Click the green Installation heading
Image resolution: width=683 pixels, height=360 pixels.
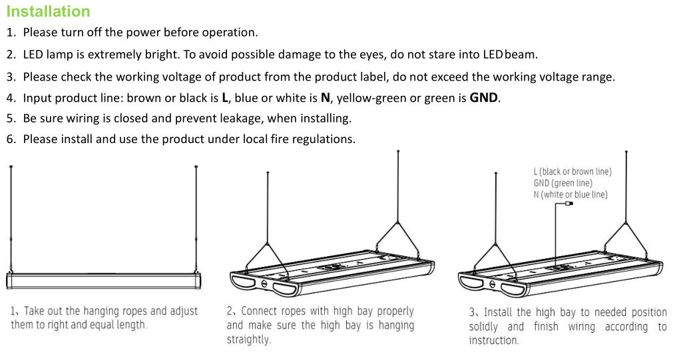(49, 11)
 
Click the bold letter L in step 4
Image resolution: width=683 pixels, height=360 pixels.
(225, 98)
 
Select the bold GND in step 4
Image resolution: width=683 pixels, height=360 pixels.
(483, 98)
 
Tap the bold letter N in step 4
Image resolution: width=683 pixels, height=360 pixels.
(326, 98)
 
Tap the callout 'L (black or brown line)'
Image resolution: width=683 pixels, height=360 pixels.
(572, 172)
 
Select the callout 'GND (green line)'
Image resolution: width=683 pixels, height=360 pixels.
(563, 183)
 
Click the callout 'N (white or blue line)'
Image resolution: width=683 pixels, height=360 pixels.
(570, 194)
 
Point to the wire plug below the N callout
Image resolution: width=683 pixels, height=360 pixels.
(569, 203)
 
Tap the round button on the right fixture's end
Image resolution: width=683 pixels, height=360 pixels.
(492, 284)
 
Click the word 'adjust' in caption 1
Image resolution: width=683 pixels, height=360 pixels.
(184, 311)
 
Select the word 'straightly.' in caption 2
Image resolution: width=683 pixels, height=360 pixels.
(249, 339)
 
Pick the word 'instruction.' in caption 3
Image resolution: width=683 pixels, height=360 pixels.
(494, 340)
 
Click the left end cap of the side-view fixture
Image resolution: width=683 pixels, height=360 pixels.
(9, 281)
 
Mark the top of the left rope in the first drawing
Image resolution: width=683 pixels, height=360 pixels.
(11, 167)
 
